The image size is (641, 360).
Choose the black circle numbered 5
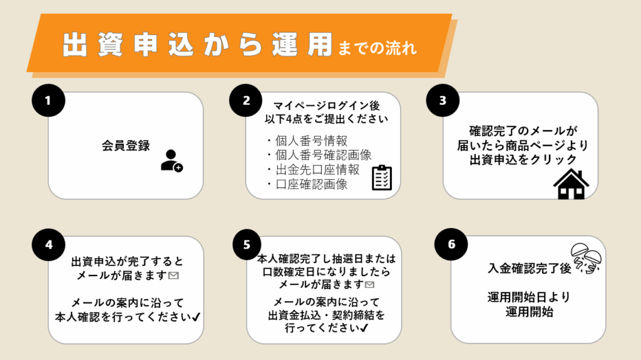(x=246, y=244)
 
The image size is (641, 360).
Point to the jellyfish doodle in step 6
(x=587, y=259)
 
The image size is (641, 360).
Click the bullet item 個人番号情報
(x=307, y=140)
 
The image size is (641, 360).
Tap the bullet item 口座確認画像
(x=307, y=184)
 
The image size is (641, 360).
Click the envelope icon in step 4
(x=174, y=275)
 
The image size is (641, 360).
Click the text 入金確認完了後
(x=529, y=268)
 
